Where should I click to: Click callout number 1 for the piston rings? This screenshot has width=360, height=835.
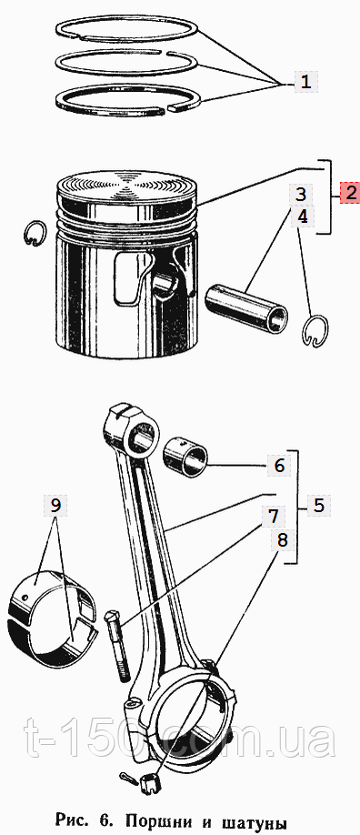click(x=305, y=82)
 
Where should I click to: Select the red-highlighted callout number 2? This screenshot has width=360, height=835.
click(x=350, y=192)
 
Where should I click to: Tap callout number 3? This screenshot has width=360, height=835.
click(x=302, y=194)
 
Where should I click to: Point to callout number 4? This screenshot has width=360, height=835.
click(x=302, y=216)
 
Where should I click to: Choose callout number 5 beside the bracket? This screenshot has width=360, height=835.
click(x=319, y=506)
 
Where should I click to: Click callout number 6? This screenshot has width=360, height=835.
click(x=279, y=467)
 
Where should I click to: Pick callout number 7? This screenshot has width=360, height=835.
click(x=273, y=516)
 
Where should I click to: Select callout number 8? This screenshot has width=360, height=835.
click(x=282, y=540)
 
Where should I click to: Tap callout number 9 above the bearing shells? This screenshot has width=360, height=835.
click(x=56, y=505)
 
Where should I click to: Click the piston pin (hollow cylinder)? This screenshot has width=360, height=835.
click(x=247, y=309)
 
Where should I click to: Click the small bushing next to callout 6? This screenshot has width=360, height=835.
click(x=185, y=457)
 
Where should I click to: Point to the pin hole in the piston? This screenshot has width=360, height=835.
click(x=165, y=281)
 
